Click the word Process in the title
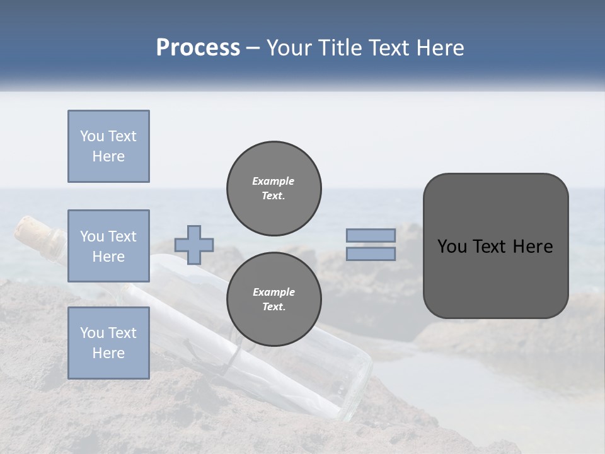click(198, 48)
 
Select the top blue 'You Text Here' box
click(108, 146)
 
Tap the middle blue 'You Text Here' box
click(108, 246)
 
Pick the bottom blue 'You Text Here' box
click(108, 342)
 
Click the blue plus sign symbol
click(194, 245)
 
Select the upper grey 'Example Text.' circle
click(274, 188)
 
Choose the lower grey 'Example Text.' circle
click(274, 299)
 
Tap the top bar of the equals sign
click(371, 235)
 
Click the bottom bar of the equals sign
click(371, 253)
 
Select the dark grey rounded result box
click(495, 246)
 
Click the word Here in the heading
click(437, 48)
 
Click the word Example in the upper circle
click(274, 181)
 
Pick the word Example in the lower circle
click(274, 292)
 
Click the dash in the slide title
click(253, 48)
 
